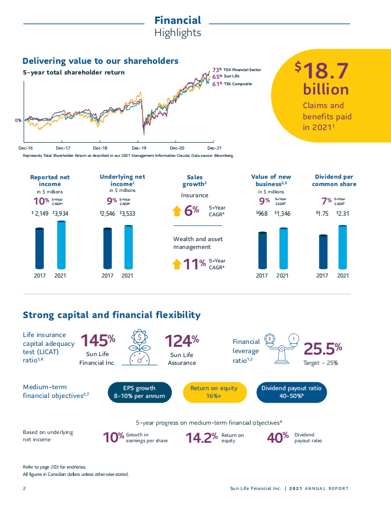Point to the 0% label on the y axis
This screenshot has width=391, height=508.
[18, 120]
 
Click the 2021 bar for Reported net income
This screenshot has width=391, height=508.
[61, 245]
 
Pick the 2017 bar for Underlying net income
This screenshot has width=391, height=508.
[108, 248]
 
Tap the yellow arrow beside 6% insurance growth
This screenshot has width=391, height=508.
[176, 211]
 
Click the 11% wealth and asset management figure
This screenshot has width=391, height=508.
[194, 264]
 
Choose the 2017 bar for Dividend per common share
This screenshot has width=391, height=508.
[322, 252]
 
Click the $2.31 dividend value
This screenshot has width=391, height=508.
[342, 213]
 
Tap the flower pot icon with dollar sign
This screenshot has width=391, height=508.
[140, 347]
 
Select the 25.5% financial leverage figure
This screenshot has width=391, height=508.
[323, 349]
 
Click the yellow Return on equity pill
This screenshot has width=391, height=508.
[214, 392]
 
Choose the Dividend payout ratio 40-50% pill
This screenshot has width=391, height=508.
[291, 392]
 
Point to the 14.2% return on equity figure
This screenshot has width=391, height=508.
[202, 438]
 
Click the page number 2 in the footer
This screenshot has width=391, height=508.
[24, 489]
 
